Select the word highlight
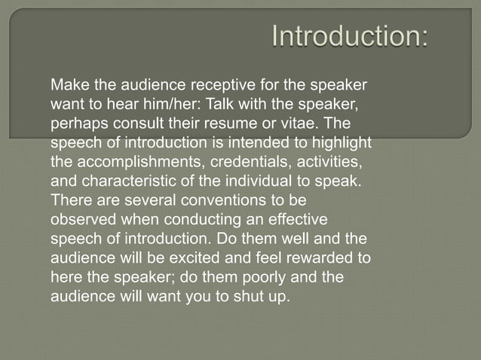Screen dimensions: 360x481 pos(342,141)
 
